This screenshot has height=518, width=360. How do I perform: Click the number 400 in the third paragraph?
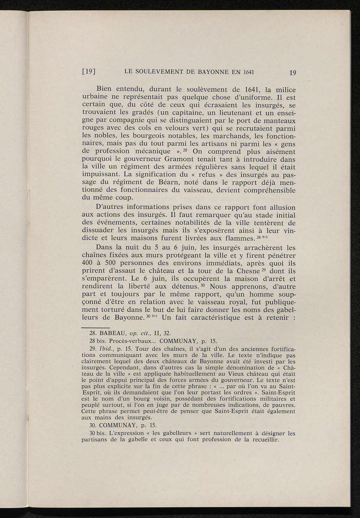coord(87,263)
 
